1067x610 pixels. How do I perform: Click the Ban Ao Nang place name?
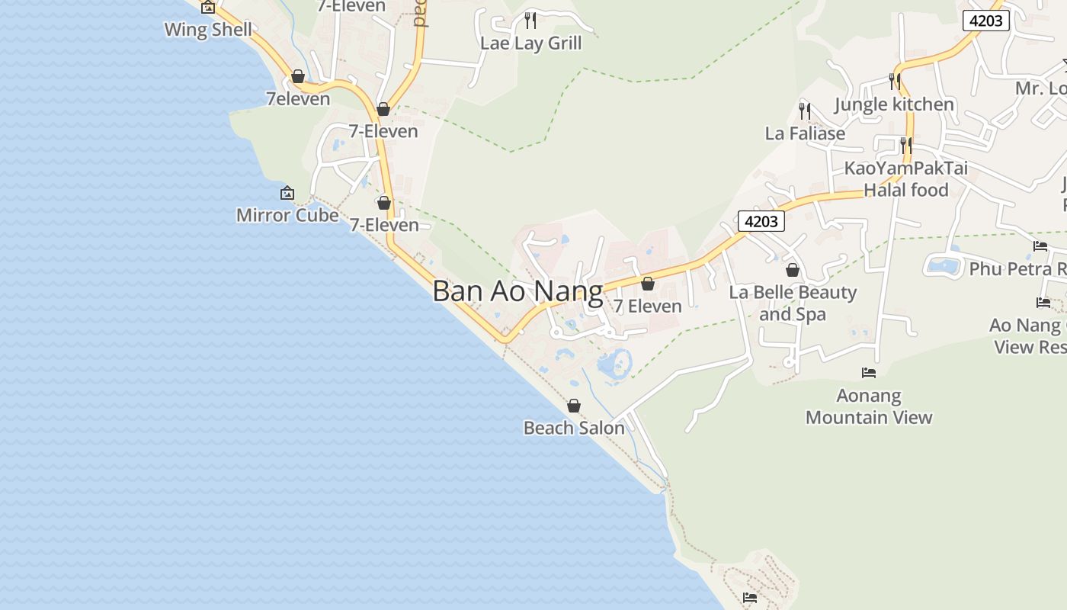[x=517, y=291]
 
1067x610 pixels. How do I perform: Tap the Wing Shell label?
[x=208, y=30]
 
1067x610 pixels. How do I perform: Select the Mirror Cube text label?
[x=287, y=215]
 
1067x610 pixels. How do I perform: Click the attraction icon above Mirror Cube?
[x=287, y=194]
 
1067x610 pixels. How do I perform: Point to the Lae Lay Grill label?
[x=530, y=43]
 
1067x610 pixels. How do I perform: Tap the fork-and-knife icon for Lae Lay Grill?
[x=530, y=20]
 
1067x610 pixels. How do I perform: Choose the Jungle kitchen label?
[x=894, y=104]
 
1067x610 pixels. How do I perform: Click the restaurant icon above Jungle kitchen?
[x=895, y=81]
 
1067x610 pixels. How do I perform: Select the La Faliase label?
[x=805, y=133]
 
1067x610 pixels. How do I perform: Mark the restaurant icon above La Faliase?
[x=805, y=111]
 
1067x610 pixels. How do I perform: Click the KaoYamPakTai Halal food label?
[x=905, y=178]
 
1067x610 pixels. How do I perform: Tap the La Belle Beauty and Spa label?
[x=793, y=303]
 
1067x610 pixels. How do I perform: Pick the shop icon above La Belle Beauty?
[x=793, y=270]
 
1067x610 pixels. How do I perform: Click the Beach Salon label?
[x=574, y=428]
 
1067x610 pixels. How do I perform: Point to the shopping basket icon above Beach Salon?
[x=574, y=406]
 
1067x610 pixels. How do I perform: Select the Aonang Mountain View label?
[x=869, y=406]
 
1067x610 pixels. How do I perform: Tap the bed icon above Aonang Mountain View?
[x=869, y=373]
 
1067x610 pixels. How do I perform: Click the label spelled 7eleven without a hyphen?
[x=298, y=98]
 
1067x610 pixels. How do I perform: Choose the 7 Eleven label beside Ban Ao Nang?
[x=648, y=306]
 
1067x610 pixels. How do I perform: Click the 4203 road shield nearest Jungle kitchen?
[x=985, y=21]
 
